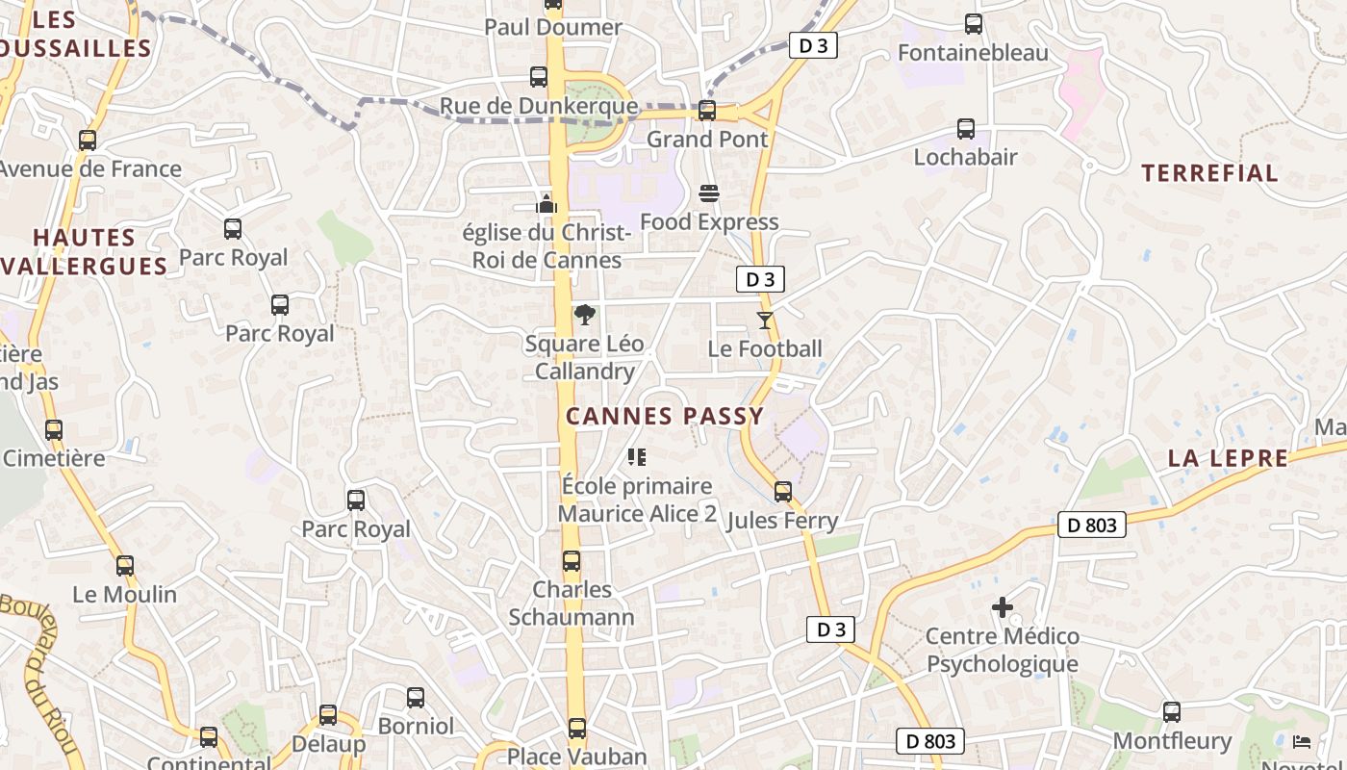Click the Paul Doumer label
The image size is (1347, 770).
553,27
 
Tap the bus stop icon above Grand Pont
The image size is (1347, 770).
707,111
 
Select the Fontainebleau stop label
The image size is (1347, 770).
973,53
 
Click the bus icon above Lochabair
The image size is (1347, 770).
966,129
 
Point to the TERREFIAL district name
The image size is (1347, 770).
1209,173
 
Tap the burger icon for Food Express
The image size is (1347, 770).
709,193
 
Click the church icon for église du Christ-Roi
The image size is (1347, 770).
546,203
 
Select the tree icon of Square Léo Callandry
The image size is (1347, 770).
584,315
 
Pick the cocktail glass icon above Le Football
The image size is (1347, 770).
765,321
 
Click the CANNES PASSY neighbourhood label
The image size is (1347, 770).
665,417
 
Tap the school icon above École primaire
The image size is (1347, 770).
636,457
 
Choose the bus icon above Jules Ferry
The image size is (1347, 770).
783,492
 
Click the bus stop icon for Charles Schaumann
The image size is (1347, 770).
572,561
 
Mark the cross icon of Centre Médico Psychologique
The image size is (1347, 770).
1003,607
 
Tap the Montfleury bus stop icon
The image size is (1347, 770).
1171,712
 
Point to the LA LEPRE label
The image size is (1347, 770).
1228,458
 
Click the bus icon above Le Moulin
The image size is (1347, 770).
125,566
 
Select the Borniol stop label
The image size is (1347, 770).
416,726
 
